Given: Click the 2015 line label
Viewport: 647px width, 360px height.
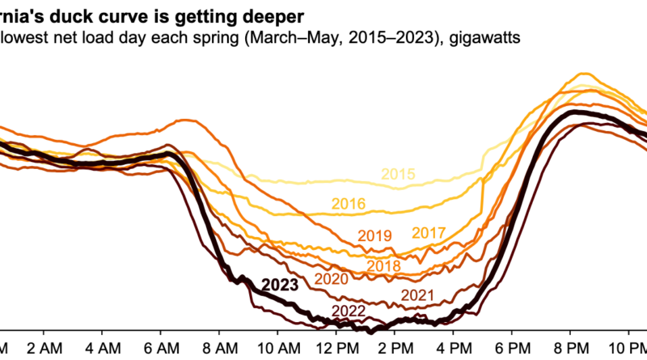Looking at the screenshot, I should [x=398, y=174].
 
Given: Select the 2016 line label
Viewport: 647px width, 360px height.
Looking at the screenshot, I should [x=349, y=204].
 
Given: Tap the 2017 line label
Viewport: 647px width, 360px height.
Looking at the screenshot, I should [x=429, y=233].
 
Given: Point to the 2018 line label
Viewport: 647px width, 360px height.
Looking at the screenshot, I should [x=383, y=266].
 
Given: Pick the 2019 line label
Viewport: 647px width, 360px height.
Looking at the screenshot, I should [x=374, y=236].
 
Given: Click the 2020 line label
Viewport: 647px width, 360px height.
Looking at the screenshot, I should [x=332, y=278].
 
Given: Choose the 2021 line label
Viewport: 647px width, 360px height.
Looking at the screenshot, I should [x=419, y=295].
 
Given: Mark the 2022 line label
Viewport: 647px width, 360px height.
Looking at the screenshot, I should [x=349, y=311].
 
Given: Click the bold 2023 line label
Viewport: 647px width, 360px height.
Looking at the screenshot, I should [x=281, y=285].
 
